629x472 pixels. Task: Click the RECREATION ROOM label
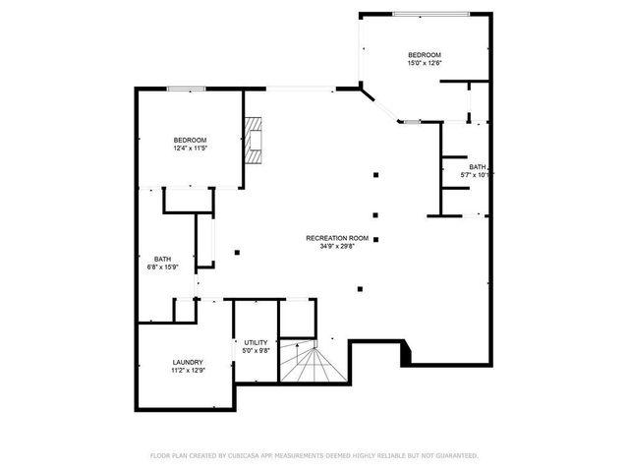[x=337, y=238]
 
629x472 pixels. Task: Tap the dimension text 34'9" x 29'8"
[x=337, y=247]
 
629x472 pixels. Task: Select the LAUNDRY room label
[x=188, y=363]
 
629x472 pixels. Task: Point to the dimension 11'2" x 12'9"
[x=188, y=371]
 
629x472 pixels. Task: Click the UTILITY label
[x=256, y=342]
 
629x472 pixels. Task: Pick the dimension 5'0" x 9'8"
[x=256, y=351]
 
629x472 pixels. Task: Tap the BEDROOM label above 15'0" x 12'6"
[x=425, y=54]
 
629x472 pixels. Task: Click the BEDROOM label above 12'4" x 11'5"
[x=190, y=141]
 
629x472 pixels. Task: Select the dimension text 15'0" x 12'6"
[x=425, y=63]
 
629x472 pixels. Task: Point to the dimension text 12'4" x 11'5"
[x=190, y=149]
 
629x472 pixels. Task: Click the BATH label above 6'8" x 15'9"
[x=162, y=259]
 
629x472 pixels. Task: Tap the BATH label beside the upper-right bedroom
[x=477, y=166]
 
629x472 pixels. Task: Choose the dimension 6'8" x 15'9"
[x=162, y=267]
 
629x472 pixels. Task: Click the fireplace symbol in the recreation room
[x=256, y=140]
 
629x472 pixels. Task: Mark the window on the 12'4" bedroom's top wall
[x=186, y=89]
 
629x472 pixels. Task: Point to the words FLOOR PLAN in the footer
[x=169, y=455]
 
